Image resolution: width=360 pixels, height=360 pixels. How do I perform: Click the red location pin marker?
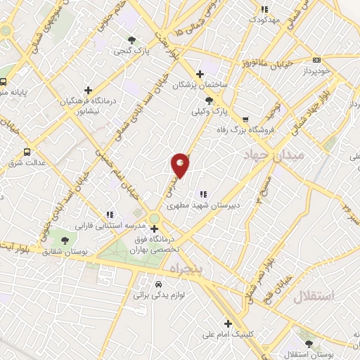pos(181,165)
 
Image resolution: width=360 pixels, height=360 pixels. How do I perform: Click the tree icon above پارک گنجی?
pos(131,39)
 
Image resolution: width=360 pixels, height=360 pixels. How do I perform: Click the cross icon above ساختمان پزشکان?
pos(200,73)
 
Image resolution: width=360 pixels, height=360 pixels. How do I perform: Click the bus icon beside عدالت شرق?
pos(27,151)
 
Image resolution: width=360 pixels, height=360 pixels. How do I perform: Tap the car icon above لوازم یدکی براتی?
pos(157,284)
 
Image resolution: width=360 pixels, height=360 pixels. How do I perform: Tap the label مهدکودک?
pos(264,19)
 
